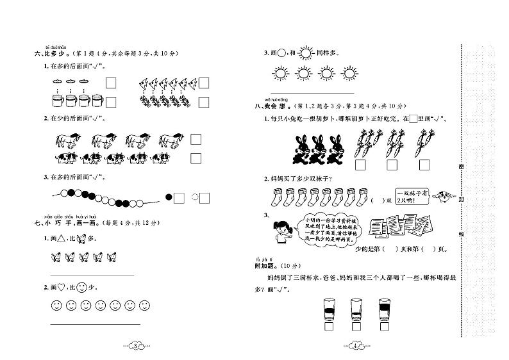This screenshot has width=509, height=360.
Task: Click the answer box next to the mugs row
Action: click(110, 101)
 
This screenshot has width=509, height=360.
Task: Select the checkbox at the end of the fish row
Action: click(204, 83)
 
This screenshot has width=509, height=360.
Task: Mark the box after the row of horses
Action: click(196, 139)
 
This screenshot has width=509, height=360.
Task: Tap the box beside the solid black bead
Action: click(179, 198)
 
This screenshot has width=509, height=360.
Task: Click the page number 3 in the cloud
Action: click(135, 347)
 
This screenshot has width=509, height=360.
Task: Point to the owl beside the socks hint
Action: click(442, 196)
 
